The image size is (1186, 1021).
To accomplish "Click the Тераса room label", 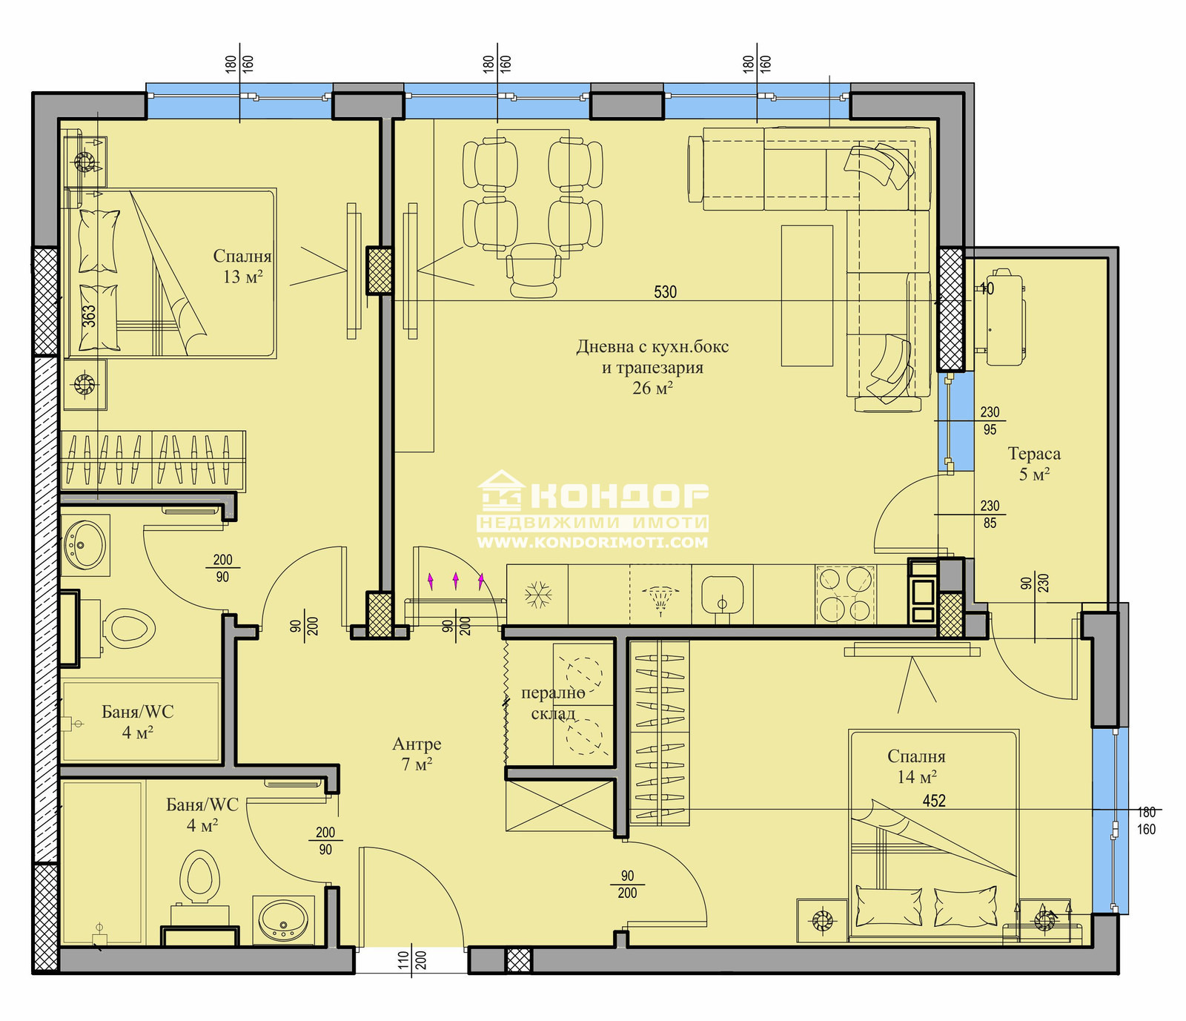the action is tap(1034, 454).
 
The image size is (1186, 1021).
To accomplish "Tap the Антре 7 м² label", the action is tap(417, 754).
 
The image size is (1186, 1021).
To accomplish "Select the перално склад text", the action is tap(553, 703).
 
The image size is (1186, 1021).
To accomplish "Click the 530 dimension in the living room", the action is tap(665, 292).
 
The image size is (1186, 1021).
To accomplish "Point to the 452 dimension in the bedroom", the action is tap(934, 801).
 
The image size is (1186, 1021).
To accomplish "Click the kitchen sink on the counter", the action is tap(722, 595).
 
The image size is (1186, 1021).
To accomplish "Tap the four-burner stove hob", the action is tap(845, 594).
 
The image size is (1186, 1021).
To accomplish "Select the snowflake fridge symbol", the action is tap(537, 595).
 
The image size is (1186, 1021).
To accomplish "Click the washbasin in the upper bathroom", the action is tap(85, 546).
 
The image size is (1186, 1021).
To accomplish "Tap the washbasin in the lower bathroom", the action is tap(283, 920).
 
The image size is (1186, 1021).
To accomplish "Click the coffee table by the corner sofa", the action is tap(807, 296).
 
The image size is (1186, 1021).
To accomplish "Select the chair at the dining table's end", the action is tap(533, 271).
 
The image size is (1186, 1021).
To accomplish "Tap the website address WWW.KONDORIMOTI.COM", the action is tap(592, 543).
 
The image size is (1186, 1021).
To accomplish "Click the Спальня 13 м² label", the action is tap(242, 266).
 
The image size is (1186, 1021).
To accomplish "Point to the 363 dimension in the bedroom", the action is tap(89, 317).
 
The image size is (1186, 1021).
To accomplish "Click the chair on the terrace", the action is tap(1004, 317).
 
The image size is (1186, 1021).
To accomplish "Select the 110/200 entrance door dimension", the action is tap(412, 961).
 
